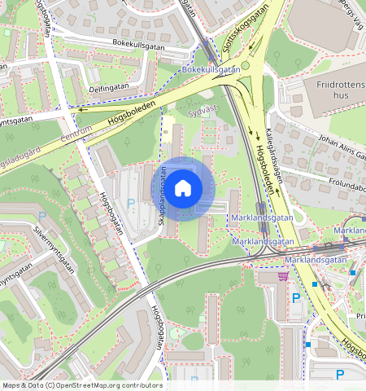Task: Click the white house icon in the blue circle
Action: tap(184, 188)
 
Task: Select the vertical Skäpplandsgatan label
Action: tap(162, 192)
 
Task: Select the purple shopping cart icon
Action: tap(282, 276)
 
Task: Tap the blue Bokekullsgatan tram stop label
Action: tap(211, 70)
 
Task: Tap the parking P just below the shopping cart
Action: tap(296, 298)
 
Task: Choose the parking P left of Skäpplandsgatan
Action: tap(130, 203)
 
